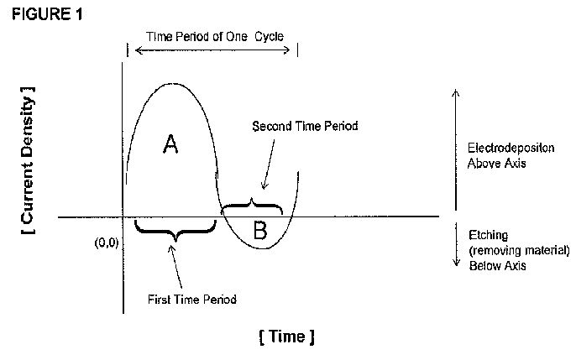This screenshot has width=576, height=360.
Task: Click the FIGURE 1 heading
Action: coord(47,14)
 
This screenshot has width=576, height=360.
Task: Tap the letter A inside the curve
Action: coord(170,143)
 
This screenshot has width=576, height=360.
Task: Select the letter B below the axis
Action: coord(260,231)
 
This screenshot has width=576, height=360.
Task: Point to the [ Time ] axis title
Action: coord(287,337)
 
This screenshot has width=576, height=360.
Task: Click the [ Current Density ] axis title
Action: coord(28,160)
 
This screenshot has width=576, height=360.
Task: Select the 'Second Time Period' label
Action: coord(305,126)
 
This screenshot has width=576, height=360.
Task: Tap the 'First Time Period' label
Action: coord(192,300)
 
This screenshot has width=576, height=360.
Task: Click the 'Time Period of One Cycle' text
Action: coord(215,36)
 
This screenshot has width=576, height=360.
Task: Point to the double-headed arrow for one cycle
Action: coord(212,50)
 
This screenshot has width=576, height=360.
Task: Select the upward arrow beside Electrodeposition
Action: coord(455,149)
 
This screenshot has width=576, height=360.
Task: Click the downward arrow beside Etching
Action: coord(456,243)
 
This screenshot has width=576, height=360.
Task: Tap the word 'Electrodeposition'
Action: coord(511,148)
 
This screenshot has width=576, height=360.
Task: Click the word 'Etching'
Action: coord(488,235)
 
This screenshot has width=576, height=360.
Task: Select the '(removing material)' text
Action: coord(520,250)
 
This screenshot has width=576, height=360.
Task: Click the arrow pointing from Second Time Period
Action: coord(269,164)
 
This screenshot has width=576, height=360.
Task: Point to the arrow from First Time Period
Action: coord(176,266)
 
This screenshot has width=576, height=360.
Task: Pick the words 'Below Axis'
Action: coord(497,265)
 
